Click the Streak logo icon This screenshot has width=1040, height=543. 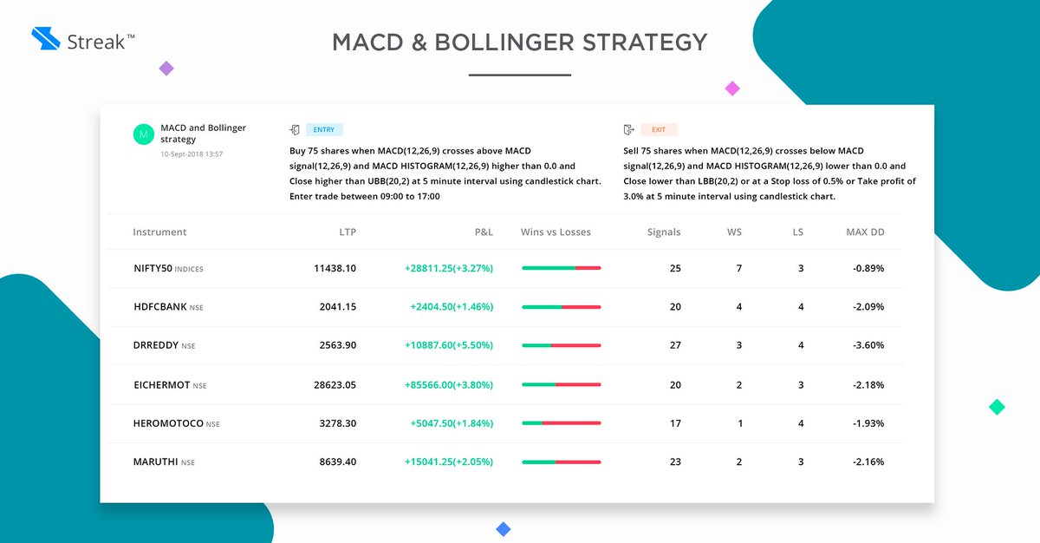(x=44, y=39)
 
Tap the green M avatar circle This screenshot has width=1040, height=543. (x=143, y=134)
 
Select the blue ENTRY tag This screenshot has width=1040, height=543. (x=325, y=130)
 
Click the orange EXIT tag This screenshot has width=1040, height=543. (x=659, y=130)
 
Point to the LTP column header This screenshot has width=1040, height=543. (x=347, y=232)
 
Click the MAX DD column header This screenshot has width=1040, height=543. (x=865, y=232)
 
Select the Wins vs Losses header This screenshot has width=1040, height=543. (x=556, y=232)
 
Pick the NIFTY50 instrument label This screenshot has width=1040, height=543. (x=153, y=269)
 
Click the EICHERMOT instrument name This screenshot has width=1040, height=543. (x=162, y=384)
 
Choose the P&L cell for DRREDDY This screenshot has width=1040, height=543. (x=448, y=345)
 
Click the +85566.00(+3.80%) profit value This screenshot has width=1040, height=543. (x=448, y=384)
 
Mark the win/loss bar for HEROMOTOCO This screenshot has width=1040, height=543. (x=561, y=423)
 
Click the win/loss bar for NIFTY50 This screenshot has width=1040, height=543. (x=561, y=269)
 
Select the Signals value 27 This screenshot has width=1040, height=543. (x=675, y=345)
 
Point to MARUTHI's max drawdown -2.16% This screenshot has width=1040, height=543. (x=868, y=461)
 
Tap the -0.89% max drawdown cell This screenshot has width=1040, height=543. (x=868, y=269)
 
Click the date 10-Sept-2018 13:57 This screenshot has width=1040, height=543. (x=192, y=154)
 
